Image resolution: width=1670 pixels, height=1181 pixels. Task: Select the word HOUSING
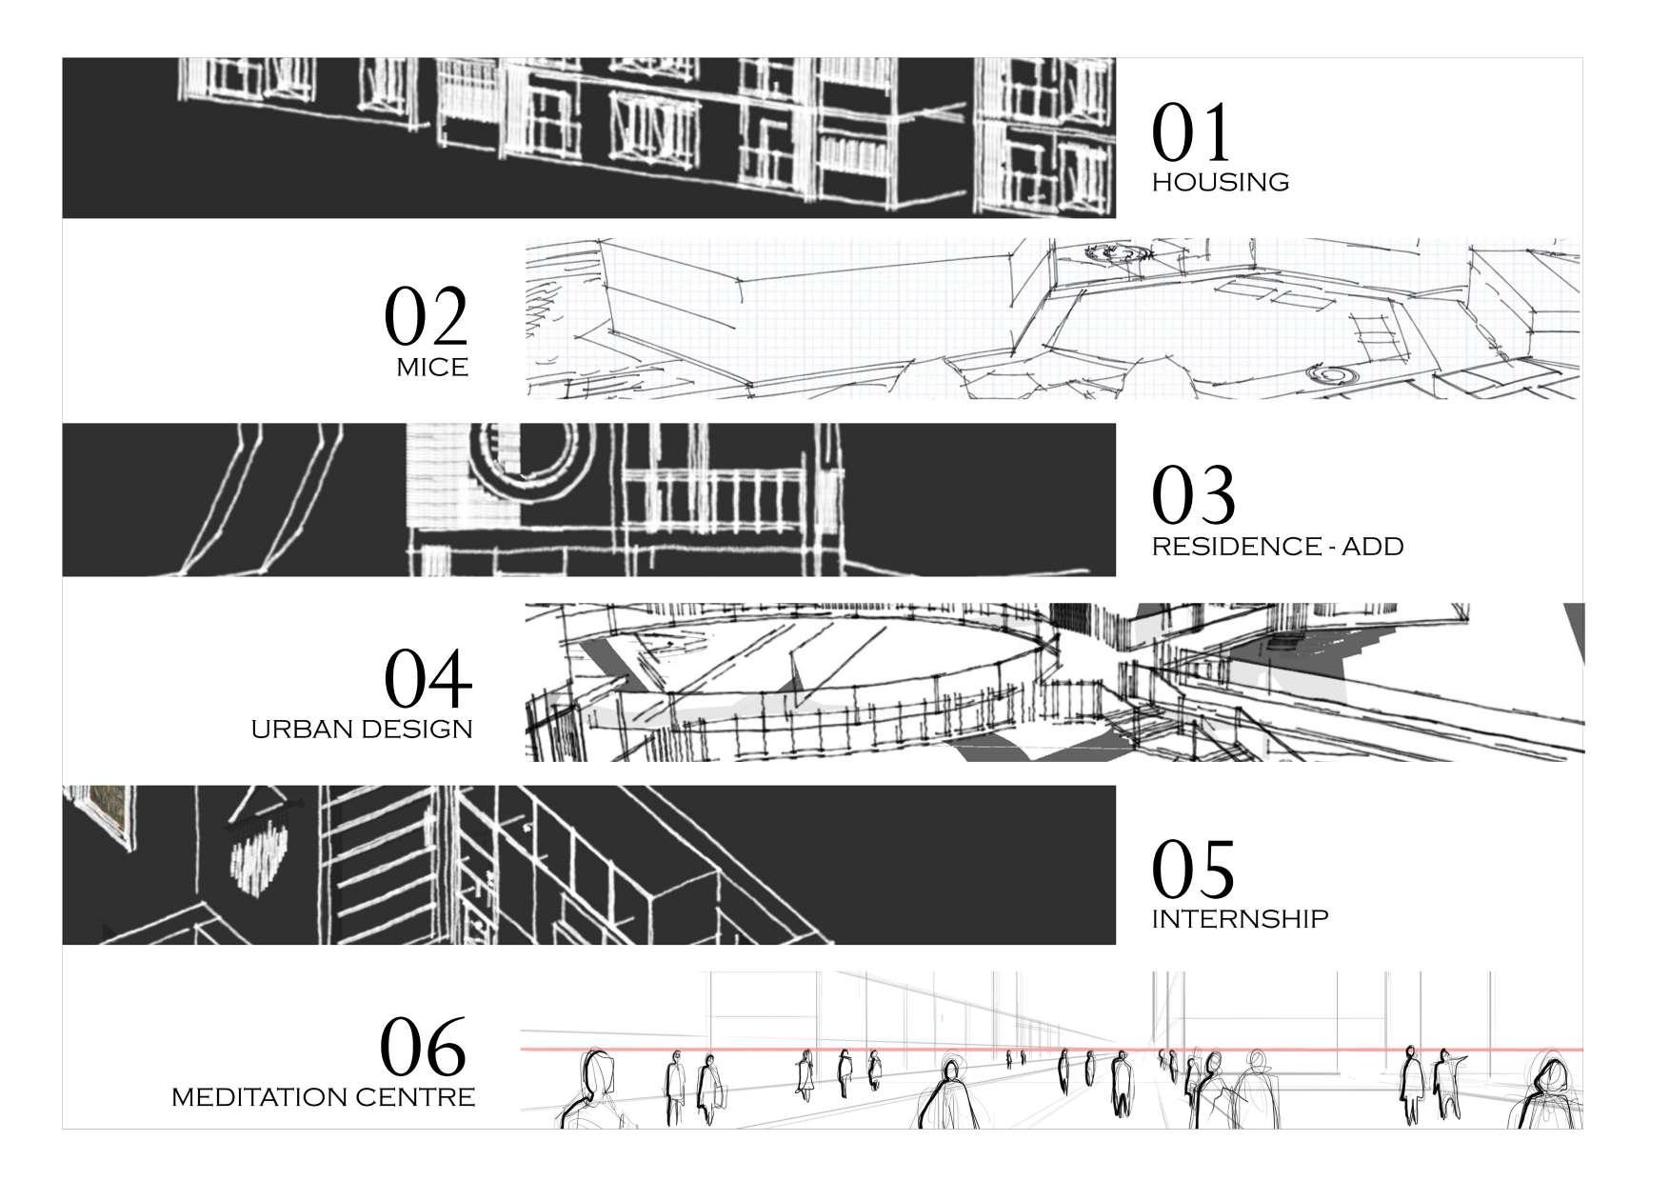(1221, 182)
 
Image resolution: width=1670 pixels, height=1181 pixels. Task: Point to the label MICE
(432, 368)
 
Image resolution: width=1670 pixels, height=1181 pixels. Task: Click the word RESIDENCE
(1231, 547)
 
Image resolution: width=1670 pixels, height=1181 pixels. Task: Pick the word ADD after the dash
(1372, 547)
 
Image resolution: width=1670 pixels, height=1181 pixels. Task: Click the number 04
(427, 679)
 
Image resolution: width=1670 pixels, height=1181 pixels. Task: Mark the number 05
(1194, 869)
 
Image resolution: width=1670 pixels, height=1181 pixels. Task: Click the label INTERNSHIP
(1240, 919)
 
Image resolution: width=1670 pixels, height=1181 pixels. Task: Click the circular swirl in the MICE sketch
(1119, 252)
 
